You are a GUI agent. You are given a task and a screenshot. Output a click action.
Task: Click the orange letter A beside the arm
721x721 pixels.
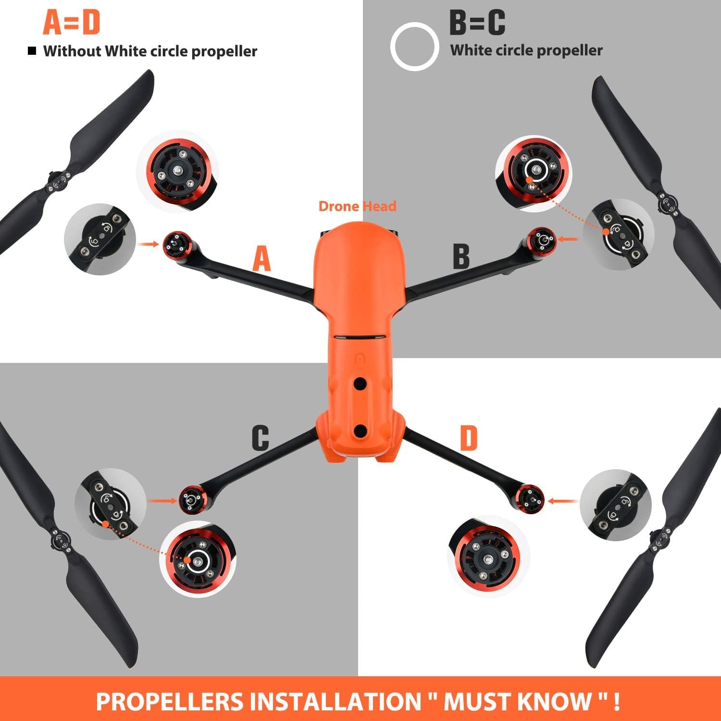coord(262,259)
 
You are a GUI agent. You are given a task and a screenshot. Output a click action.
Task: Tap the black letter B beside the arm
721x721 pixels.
coord(461,256)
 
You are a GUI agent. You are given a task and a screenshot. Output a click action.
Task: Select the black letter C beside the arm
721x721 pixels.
coord(260,438)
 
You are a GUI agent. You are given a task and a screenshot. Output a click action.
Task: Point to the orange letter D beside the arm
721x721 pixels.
coord(469,438)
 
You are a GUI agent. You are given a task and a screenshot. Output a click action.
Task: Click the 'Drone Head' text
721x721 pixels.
coord(358,206)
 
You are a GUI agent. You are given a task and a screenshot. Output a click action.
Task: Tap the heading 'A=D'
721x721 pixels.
coord(71,22)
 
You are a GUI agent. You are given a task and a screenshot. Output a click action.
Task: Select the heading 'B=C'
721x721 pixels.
coord(477,22)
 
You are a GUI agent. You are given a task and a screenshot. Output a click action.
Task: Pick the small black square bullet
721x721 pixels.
coord(32,50)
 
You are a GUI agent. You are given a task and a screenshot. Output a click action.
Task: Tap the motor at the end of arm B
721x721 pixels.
coord(542,240)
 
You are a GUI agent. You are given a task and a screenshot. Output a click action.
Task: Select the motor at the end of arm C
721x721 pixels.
coord(193,499)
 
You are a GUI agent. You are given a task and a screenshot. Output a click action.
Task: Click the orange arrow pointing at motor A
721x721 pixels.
coord(148,244)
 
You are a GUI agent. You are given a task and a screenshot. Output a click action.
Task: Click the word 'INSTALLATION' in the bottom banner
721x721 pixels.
coord(333,701)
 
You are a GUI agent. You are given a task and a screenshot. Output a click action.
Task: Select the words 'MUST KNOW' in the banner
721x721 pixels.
coord(517,701)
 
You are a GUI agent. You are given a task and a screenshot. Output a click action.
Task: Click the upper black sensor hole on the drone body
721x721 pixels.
coord(360,383)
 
